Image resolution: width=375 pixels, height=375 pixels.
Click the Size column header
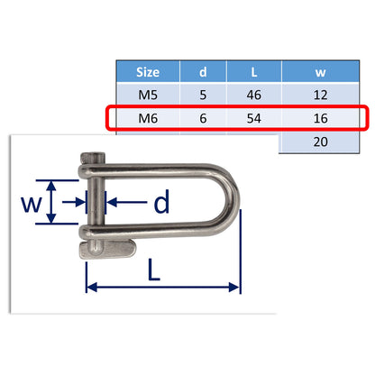coord(148,72)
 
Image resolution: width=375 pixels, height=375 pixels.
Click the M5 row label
coord(148,95)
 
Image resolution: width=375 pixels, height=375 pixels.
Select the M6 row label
coord(148,118)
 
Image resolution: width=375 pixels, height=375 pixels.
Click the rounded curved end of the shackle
coord(233,203)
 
